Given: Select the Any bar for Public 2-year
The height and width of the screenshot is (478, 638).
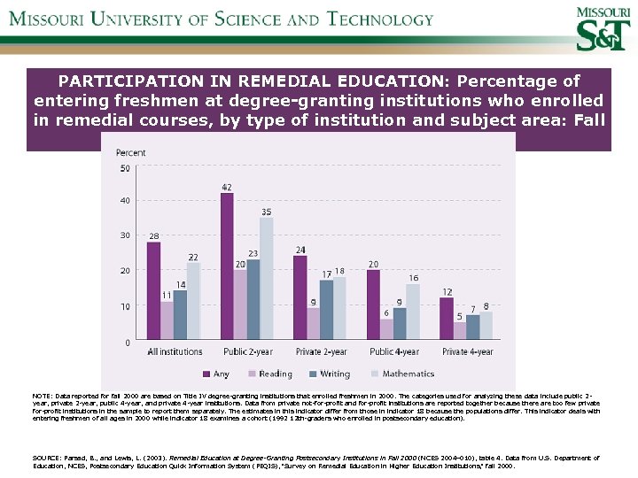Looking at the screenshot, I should point(227,266).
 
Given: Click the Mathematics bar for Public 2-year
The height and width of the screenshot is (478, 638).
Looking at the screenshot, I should point(266,278).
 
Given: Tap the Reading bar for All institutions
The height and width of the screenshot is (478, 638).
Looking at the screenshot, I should point(167,320).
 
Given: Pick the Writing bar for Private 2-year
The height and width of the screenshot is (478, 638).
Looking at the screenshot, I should point(327,309).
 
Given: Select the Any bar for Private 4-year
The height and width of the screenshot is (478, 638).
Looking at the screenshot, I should point(447,318).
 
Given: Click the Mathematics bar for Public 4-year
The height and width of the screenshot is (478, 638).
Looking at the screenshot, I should point(413,311).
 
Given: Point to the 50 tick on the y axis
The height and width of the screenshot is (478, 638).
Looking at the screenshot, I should point(124,167).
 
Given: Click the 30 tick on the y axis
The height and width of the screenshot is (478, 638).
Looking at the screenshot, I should point(124,235).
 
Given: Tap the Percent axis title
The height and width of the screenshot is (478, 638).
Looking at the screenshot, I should point(131,153).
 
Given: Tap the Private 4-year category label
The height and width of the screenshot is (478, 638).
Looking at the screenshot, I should point(467,352).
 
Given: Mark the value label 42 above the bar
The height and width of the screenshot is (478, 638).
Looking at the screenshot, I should point(227,188).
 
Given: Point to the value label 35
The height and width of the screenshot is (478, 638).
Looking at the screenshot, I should point(266,212).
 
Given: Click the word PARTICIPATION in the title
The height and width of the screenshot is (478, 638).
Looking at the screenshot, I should point(129,80).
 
